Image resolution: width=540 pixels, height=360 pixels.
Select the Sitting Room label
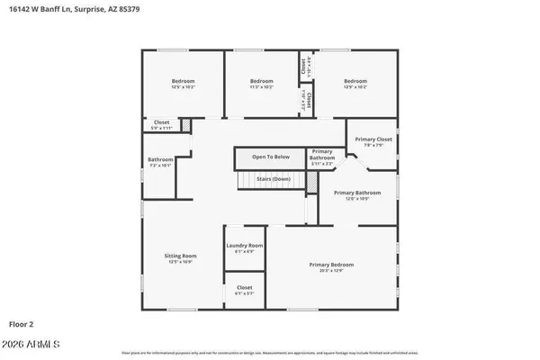point(180,256)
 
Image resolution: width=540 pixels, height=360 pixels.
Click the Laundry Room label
point(244,246)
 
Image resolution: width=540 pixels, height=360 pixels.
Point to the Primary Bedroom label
point(331,265)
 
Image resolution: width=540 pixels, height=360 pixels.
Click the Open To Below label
point(271,157)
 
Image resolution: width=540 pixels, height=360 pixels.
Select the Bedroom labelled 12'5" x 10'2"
point(183,82)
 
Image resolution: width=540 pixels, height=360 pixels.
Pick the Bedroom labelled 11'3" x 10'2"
point(261,82)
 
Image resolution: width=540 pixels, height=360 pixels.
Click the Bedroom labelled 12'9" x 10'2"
point(355,82)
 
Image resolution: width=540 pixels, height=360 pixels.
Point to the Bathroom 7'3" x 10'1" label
point(161,160)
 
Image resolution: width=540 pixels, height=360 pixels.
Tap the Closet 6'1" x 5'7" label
point(244,288)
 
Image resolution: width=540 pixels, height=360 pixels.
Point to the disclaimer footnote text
point(269,354)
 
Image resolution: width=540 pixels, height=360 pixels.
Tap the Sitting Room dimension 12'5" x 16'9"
point(180,262)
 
